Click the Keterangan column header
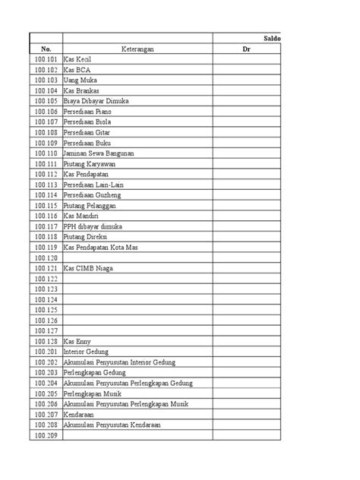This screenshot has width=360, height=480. click(137, 49)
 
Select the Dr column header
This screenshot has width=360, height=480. click(247, 49)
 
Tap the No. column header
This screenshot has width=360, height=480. click(45, 49)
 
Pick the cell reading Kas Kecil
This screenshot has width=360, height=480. click(79, 59)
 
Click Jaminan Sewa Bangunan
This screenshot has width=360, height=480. click(99, 153)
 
